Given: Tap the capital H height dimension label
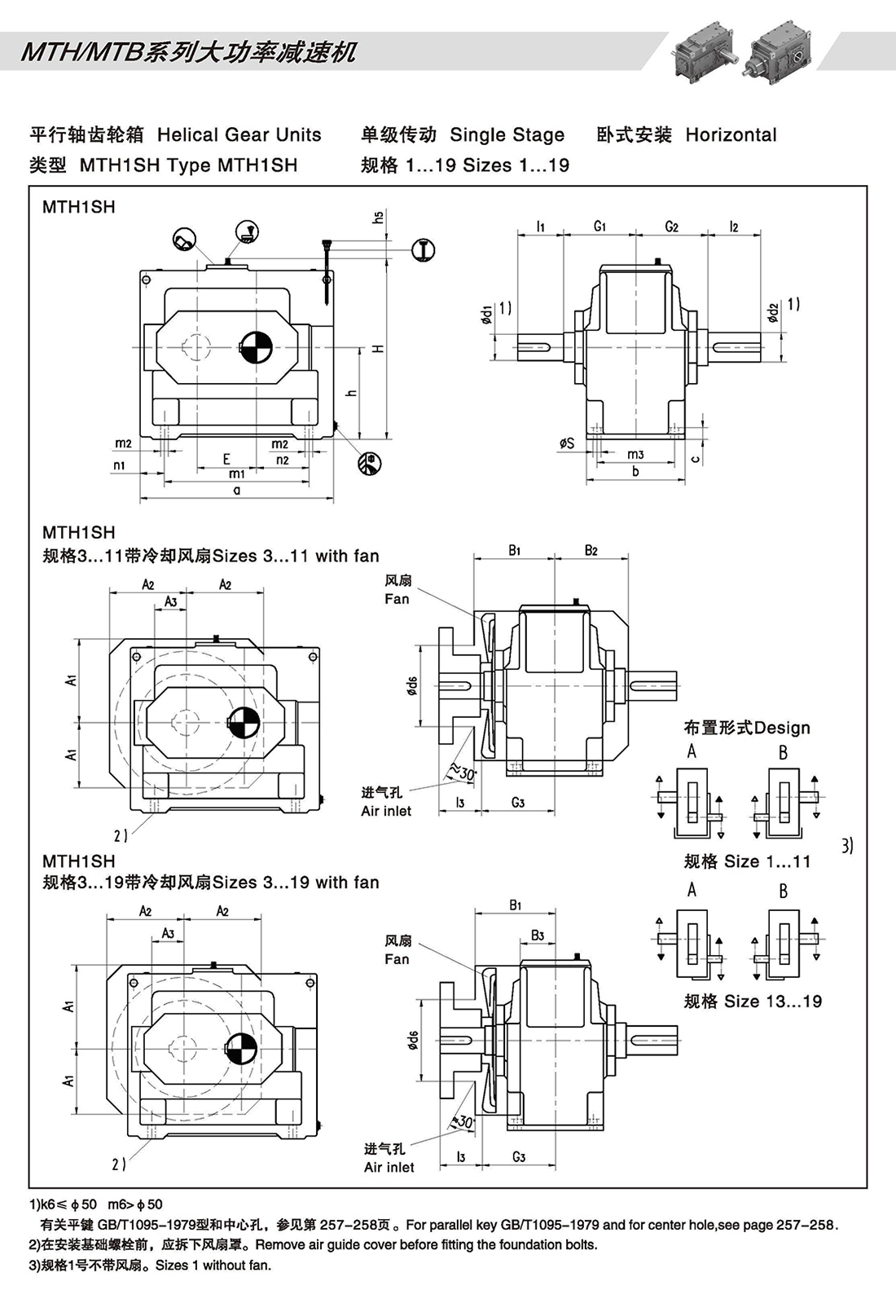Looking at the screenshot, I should [378, 348].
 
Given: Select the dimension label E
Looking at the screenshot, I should [227, 460].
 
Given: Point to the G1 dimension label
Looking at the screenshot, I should [600, 226].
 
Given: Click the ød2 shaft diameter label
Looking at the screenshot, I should [774, 311].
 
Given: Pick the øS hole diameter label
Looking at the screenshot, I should [567, 442].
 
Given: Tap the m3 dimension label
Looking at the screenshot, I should [635, 455].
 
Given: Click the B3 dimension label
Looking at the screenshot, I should [538, 936].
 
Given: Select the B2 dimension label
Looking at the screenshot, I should [591, 551].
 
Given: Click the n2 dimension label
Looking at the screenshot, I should [283, 460].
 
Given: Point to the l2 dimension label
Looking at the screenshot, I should [734, 226].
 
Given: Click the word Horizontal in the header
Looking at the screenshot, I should [731, 135].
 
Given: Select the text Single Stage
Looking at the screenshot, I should [507, 135].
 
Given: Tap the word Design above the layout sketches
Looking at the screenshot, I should [783, 728].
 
